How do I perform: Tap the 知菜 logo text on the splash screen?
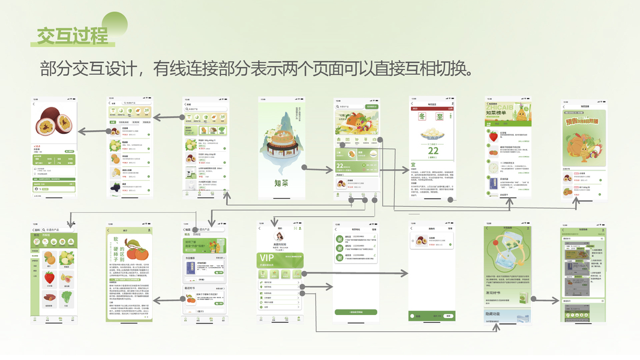[281, 183]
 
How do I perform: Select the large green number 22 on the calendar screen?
[433, 151]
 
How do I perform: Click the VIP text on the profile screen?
[267, 258]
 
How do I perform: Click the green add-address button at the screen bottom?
[356, 312]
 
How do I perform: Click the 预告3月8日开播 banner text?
[584, 120]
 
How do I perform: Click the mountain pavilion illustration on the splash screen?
[281, 141]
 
